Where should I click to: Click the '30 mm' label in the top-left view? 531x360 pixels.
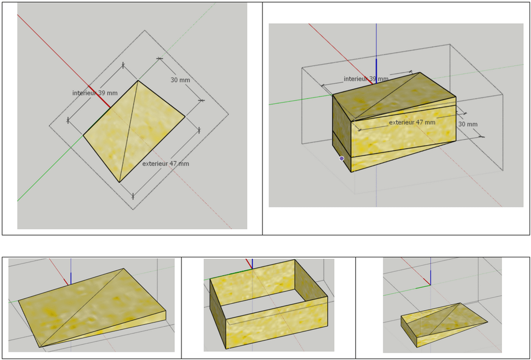pos(180,80)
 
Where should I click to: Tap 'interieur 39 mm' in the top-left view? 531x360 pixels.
pos(95,93)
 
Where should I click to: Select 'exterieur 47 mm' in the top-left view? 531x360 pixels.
pos(165,164)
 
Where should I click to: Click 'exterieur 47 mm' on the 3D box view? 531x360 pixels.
pos(412,122)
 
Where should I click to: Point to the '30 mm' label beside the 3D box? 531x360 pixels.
pos(468,124)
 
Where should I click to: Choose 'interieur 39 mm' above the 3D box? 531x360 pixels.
pos(366,79)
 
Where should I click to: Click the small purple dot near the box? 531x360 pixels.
pos(342,158)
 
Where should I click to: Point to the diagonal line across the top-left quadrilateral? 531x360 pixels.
pos(129,131)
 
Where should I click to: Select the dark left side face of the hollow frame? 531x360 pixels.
pos(218,314)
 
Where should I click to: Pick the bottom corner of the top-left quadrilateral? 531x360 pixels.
pos(119,182)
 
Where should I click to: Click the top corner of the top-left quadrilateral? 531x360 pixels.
pos(138,80)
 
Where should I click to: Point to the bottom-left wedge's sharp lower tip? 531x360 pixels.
pos(40,347)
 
